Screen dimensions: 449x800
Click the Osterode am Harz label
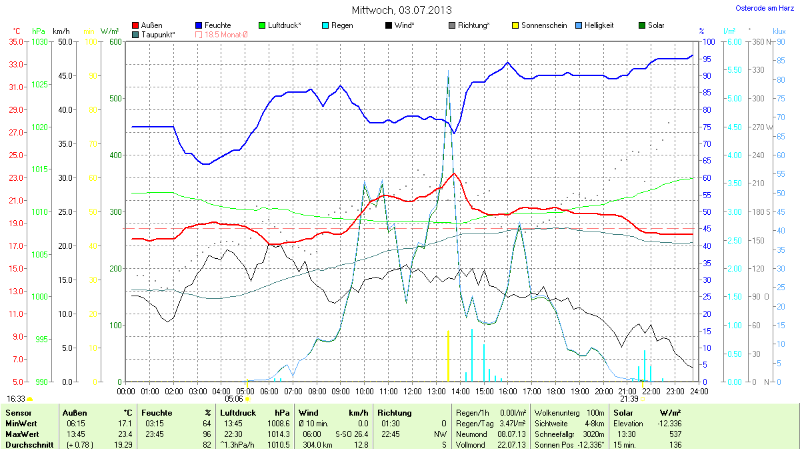click(764, 8)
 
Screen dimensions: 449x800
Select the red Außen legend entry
click(151, 25)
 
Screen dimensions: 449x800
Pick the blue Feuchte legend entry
click(217, 25)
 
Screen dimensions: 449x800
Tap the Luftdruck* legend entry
click(284, 25)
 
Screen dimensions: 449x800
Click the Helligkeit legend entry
click(599, 25)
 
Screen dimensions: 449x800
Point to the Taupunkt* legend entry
click(158, 34)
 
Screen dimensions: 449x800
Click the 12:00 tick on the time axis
click(412, 391)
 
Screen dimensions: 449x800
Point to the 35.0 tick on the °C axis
click(15, 41)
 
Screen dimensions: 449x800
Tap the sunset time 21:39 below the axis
click(629, 398)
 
